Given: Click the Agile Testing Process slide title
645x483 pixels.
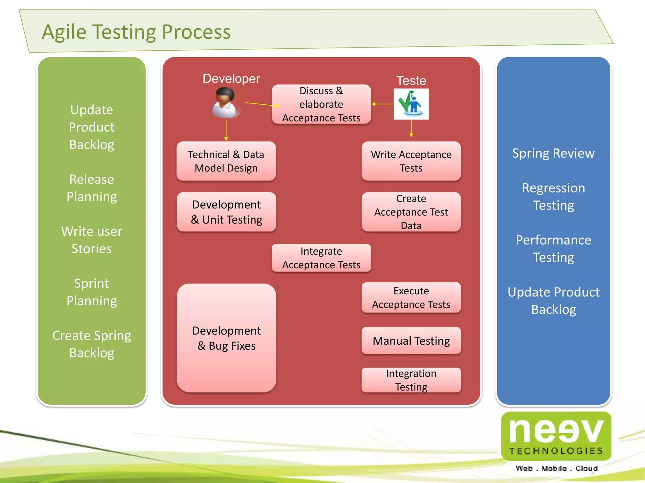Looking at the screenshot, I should pos(136,32).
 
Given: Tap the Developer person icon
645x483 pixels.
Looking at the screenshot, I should pos(225,103).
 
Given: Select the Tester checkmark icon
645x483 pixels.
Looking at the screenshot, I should pos(411,104).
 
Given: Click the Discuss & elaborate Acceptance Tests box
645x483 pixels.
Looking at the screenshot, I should pos(321,104).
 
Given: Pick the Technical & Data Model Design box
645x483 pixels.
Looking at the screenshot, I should pos(226,161).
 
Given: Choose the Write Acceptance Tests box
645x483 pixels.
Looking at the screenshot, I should pos(411,161).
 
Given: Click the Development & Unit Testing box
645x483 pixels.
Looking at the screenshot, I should pos(226,212).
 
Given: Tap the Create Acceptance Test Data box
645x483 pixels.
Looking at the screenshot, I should pos(411,212).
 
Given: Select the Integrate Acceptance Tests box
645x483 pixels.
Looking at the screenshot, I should pos(321,258).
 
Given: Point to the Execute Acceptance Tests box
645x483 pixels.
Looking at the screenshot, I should pos(411,297).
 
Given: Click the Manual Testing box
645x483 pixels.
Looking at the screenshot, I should pos(411,341).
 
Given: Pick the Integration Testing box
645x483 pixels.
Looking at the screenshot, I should pos(411,380).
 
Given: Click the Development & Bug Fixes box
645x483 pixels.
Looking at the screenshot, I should pos(226,338).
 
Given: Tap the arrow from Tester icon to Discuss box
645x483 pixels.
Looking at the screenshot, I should pos(382,104).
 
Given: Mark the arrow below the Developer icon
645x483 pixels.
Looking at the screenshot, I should pos(226,130).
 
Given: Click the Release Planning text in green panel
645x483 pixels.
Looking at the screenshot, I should pos(92,188).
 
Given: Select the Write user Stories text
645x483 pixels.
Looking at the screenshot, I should pos(92,240).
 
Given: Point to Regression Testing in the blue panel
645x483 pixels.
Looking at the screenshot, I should pos(553,197).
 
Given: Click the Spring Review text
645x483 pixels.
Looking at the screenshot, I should pos(553,153).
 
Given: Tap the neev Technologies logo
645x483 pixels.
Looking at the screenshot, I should pos(556,436).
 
